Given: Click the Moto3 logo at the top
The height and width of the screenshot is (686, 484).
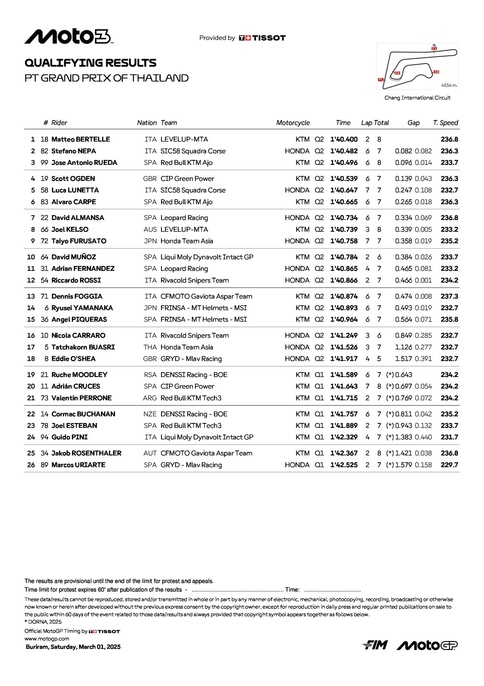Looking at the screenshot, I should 69,37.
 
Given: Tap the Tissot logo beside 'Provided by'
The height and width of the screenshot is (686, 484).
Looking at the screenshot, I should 262,38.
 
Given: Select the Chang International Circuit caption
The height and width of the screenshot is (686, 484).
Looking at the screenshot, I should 417,98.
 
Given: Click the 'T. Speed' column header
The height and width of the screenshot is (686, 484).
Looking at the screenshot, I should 446,123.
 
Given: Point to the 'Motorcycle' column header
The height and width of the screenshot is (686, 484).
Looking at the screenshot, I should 293,123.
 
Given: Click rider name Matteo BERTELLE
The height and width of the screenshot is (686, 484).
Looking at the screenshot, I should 81,139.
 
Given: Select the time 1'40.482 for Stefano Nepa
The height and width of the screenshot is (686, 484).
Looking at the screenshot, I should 344,151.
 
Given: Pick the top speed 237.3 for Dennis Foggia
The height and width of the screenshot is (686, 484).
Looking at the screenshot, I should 449,296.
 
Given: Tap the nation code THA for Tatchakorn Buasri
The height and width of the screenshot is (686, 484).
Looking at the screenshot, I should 150,347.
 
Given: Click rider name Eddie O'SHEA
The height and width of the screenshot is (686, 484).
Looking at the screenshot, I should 73,359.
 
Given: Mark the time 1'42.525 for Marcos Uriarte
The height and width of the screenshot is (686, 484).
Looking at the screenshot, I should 344,465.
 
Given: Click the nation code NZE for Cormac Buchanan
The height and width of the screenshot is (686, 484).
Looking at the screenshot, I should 150,414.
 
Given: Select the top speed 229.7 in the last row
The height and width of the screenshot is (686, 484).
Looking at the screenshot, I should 449,465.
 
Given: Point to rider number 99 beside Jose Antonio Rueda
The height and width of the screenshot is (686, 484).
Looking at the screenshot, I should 44,163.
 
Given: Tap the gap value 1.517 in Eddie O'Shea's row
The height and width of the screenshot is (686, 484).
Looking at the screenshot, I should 403,359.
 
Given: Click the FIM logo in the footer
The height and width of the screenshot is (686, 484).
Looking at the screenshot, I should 375,645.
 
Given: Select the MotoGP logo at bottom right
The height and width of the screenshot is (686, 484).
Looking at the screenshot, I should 427,645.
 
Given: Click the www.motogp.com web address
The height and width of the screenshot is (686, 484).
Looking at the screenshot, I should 47,639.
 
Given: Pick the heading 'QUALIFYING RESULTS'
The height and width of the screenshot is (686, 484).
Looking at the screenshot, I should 90,63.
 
